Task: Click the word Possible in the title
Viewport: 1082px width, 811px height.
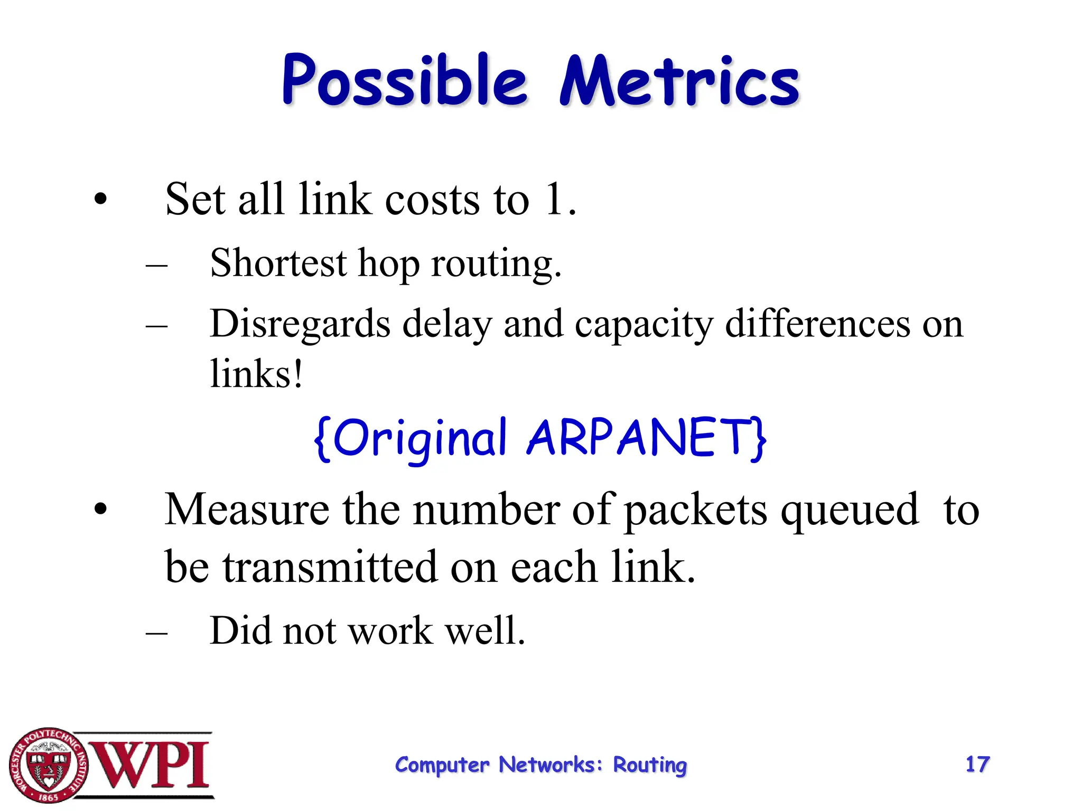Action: point(404,81)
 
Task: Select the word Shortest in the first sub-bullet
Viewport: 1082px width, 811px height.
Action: point(278,263)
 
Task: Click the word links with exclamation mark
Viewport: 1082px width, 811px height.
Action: point(256,374)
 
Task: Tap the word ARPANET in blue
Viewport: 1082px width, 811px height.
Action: point(646,438)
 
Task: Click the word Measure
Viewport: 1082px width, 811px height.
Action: point(247,510)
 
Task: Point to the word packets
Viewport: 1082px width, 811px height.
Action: point(695,510)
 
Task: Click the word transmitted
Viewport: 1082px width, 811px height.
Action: point(330,567)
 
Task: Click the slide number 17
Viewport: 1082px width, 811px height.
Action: point(977,764)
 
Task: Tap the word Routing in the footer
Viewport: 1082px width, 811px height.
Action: point(650,765)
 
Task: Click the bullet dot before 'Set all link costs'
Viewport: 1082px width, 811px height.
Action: point(100,200)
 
